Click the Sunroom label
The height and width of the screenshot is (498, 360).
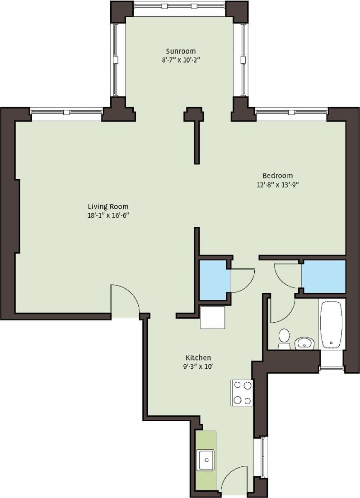coord(181,51)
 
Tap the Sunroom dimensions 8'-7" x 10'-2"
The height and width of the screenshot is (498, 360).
coord(181,60)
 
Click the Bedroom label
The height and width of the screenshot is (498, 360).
coord(277,175)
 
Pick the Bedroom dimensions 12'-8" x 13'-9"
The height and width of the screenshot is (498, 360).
coord(277,184)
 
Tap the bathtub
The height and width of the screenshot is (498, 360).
coord(332,324)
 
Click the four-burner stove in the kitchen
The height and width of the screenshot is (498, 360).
coord(242,392)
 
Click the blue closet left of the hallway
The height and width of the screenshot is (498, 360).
coord(213,280)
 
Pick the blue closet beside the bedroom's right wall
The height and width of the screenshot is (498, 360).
coord(323,276)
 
